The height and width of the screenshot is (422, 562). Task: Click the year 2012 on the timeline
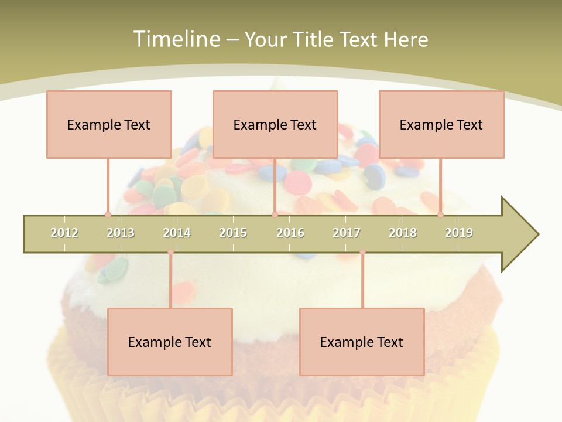pyautogui.click(x=64, y=233)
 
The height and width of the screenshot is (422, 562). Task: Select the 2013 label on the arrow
pyautogui.click(x=121, y=233)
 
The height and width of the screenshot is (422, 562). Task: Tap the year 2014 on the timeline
pyautogui.click(x=177, y=233)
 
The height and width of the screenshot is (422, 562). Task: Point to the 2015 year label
pyautogui.click(x=233, y=233)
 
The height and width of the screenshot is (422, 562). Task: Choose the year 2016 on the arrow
pyautogui.click(x=290, y=233)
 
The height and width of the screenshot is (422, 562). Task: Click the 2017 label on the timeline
pyautogui.click(x=347, y=233)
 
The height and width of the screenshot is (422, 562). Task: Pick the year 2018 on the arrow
pyautogui.click(x=403, y=233)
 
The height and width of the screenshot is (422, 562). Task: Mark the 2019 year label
pyautogui.click(x=459, y=233)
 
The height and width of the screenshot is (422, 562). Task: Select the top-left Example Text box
pyautogui.click(x=109, y=124)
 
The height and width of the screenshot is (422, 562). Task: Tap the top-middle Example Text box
pyautogui.click(x=275, y=124)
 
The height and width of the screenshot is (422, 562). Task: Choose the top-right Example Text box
pyautogui.click(x=441, y=124)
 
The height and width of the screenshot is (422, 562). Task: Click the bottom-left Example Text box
pyautogui.click(x=170, y=342)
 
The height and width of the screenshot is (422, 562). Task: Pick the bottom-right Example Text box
pyautogui.click(x=362, y=342)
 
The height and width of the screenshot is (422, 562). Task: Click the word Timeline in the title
pyautogui.click(x=176, y=39)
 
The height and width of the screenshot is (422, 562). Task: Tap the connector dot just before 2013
pyautogui.click(x=108, y=215)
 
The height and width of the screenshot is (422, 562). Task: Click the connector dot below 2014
pyautogui.click(x=170, y=252)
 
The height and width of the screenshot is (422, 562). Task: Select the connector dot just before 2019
pyautogui.click(x=440, y=215)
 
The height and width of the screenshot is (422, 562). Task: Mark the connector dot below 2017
pyautogui.click(x=362, y=252)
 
